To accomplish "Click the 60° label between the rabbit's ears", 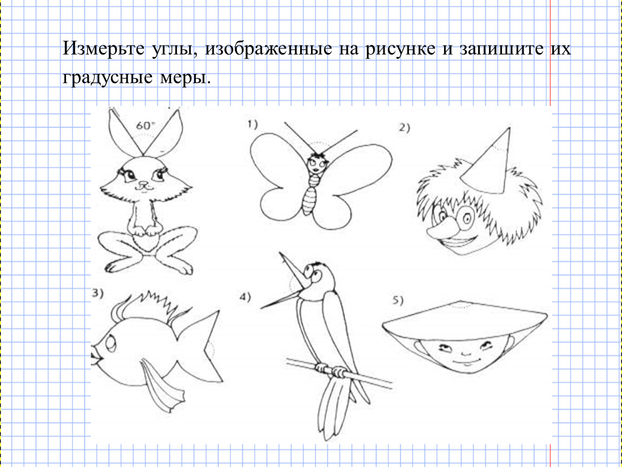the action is (145, 125).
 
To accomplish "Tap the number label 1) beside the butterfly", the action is (253, 124).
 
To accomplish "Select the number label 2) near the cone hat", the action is (405, 127).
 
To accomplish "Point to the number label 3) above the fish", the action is (97, 293).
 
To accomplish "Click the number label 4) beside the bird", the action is (245, 297).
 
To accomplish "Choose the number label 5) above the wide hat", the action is (398, 300).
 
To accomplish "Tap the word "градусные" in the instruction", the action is (108, 77).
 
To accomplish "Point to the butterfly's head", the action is (317, 163).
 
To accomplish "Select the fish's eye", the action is (110, 342).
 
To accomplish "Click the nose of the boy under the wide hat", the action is (466, 353).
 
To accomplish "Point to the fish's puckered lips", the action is (96, 355).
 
